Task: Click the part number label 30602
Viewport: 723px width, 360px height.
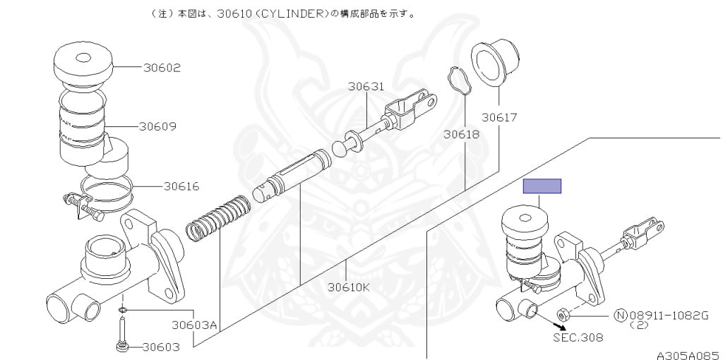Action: [162, 68]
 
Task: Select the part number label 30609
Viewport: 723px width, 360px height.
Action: [157, 127]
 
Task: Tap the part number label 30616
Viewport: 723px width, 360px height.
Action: [181, 187]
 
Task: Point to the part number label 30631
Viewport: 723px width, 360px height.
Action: [366, 87]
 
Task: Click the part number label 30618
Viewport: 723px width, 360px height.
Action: [461, 133]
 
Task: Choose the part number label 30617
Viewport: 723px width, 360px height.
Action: [500, 116]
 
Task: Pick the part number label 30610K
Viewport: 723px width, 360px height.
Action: [349, 287]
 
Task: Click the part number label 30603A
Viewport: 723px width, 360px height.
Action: [194, 325]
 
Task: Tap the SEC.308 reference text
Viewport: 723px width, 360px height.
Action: [578, 337]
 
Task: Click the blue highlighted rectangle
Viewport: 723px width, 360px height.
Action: [542, 186]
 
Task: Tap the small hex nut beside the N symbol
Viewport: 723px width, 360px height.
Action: [563, 313]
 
